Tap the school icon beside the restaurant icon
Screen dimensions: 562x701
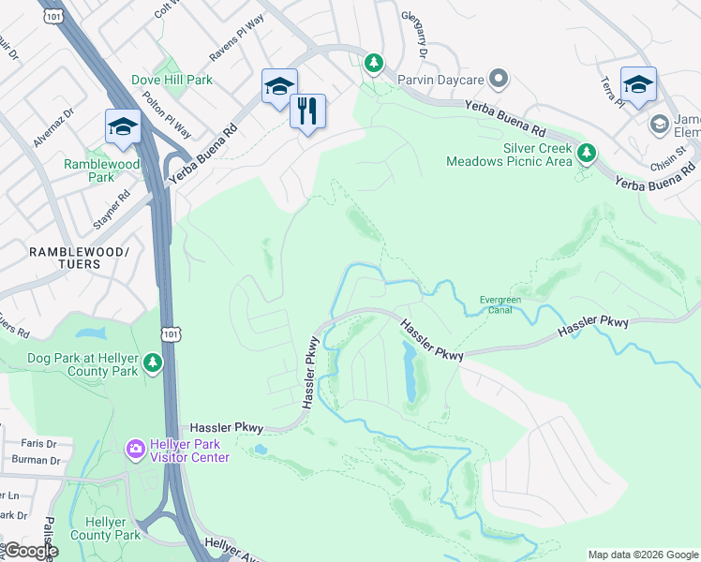point(279,87)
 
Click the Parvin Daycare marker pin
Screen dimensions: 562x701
point(499,80)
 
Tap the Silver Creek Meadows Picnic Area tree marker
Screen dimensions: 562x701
point(587,152)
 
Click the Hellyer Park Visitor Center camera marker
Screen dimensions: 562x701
point(136,450)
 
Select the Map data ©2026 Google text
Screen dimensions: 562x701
point(642,555)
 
